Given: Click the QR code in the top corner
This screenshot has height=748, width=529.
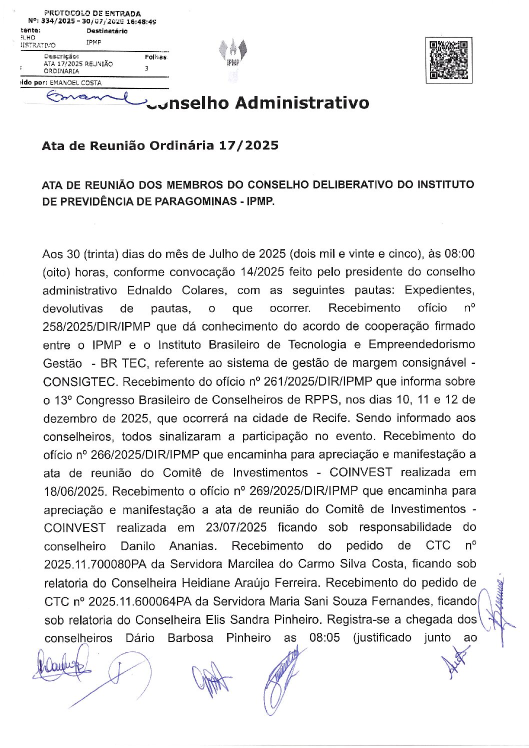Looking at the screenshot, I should [449, 60].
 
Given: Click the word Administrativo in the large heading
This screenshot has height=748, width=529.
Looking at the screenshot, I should [302, 102].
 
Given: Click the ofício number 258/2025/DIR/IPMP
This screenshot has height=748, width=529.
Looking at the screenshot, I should [96, 326].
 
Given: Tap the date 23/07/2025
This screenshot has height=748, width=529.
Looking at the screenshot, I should [236, 527].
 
